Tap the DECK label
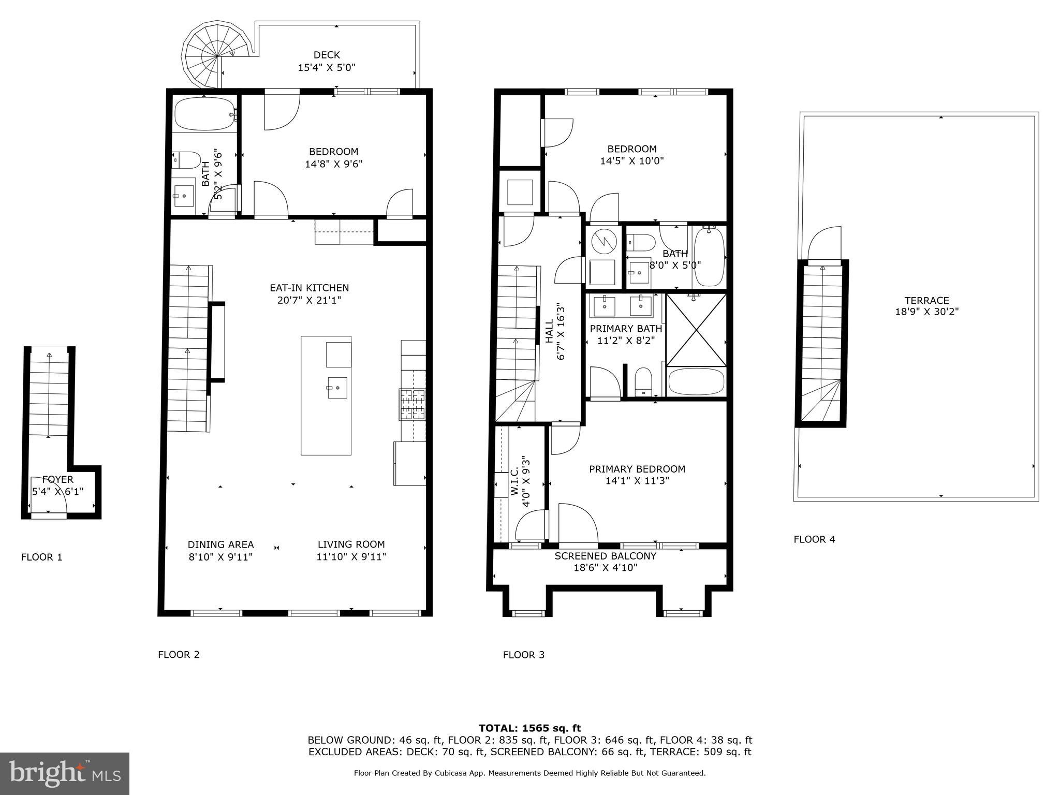[x=327, y=55]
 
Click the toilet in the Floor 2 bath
[x=186, y=160]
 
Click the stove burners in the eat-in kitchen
[x=412, y=404]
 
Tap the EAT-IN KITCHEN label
[x=309, y=288]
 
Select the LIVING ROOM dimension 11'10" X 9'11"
[x=351, y=557]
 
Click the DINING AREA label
[x=220, y=544]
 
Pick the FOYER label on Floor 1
[x=58, y=479]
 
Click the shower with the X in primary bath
[x=696, y=329]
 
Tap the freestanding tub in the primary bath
[x=696, y=382]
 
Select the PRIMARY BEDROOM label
[x=637, y=469]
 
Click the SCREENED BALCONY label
[x=605, y=556]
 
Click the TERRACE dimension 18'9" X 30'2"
[x=926, y=312]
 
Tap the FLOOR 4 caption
[x=814, y=539]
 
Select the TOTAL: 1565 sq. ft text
[x=529, y=728]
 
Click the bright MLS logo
[x=64, y=774]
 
